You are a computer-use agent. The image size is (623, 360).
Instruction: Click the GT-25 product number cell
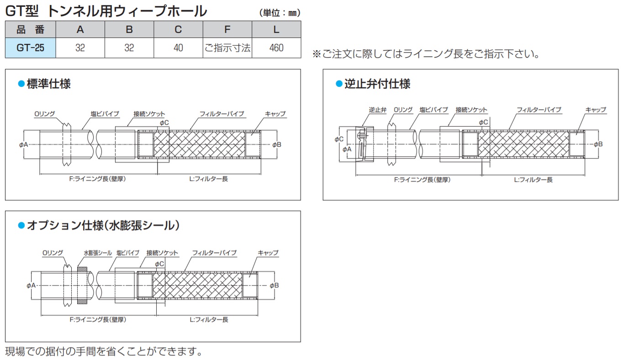click(x=30, y=48)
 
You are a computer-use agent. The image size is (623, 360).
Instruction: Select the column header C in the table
click(x=178, y=29)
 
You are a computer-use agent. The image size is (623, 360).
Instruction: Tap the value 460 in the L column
click(x=276, y=48)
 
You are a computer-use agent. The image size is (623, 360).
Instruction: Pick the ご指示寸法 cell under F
click(x=227, y=48)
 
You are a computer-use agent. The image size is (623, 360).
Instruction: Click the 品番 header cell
click(x=30, y=29)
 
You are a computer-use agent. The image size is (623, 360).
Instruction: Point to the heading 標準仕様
click(x=49, y=84)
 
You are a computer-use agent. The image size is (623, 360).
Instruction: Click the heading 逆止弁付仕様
click(x=377, y=84)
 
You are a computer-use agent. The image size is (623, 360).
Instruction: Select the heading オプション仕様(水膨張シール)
click(x=103, y=225)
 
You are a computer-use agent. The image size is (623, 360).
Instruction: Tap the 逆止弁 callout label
click(x=378, y=110)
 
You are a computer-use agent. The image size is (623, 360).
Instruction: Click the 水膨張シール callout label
click(x=98, y=253)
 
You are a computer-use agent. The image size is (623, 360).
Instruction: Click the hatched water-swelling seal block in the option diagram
click(x=82, y=286)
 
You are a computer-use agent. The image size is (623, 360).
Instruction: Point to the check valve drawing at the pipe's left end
click(x=364, y=144)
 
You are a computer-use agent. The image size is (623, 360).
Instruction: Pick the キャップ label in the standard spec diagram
click(x=275, y=114)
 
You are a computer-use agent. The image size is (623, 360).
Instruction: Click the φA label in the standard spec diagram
click(x=24, y=145)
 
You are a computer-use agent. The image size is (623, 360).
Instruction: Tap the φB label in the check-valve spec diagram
click(x=598, y=144)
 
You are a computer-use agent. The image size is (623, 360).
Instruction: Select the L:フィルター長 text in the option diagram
click(x=209, y=320)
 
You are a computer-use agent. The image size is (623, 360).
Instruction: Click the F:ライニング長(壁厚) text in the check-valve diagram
click(x=422, y=180)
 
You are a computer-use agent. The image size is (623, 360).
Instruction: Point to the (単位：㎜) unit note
click(x=280, y=13)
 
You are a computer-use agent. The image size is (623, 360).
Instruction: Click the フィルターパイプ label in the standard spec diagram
click(x=222, y=114)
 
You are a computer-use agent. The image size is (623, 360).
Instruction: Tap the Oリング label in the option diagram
click(x=53, y=253)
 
